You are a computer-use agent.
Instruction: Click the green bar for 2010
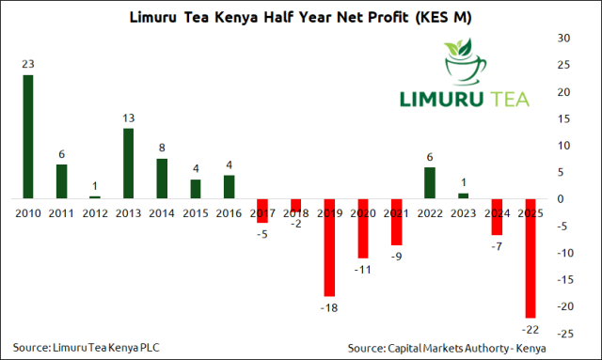[28, 136]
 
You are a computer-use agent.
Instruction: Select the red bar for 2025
[531, 258]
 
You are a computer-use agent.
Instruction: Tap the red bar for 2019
[329, 247]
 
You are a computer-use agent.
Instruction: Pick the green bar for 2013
[129, 164]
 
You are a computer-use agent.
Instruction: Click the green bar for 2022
[430, 182]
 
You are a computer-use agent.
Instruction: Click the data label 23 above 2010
[28, 65]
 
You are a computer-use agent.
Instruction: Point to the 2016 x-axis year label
[229, 213]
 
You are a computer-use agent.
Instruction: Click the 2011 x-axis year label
[61, 213]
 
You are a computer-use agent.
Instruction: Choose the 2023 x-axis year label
[463, 213]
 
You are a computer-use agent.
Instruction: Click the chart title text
[301, 16]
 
